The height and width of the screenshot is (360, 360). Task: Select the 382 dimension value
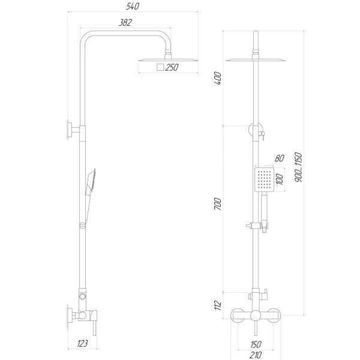[125, 22]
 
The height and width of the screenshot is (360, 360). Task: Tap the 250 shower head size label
[172, 68]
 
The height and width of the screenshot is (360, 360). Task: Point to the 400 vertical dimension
[218, 77]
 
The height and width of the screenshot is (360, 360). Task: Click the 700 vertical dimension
[218, 203]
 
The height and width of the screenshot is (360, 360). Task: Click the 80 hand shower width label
[278, 159]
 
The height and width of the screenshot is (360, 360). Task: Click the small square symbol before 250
[160, 68]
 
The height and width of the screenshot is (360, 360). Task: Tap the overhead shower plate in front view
[256, 60]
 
